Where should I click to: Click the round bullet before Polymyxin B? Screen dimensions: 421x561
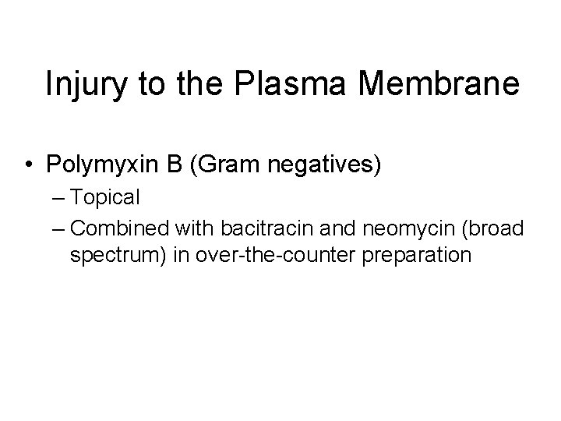(29, 165)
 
